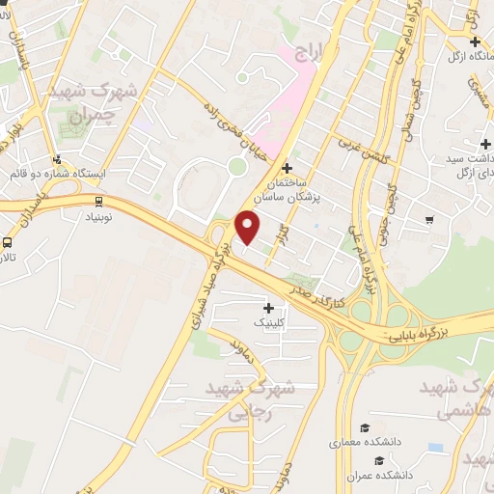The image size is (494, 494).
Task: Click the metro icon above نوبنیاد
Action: tap(99, 201)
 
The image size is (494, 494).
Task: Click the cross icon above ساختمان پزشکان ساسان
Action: tap(287, 168)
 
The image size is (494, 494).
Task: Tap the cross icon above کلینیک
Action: tap(268, 307)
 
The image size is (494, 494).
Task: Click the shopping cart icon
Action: tap(428, 221)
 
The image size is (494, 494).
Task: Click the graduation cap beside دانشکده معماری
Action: tap(365, 427)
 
